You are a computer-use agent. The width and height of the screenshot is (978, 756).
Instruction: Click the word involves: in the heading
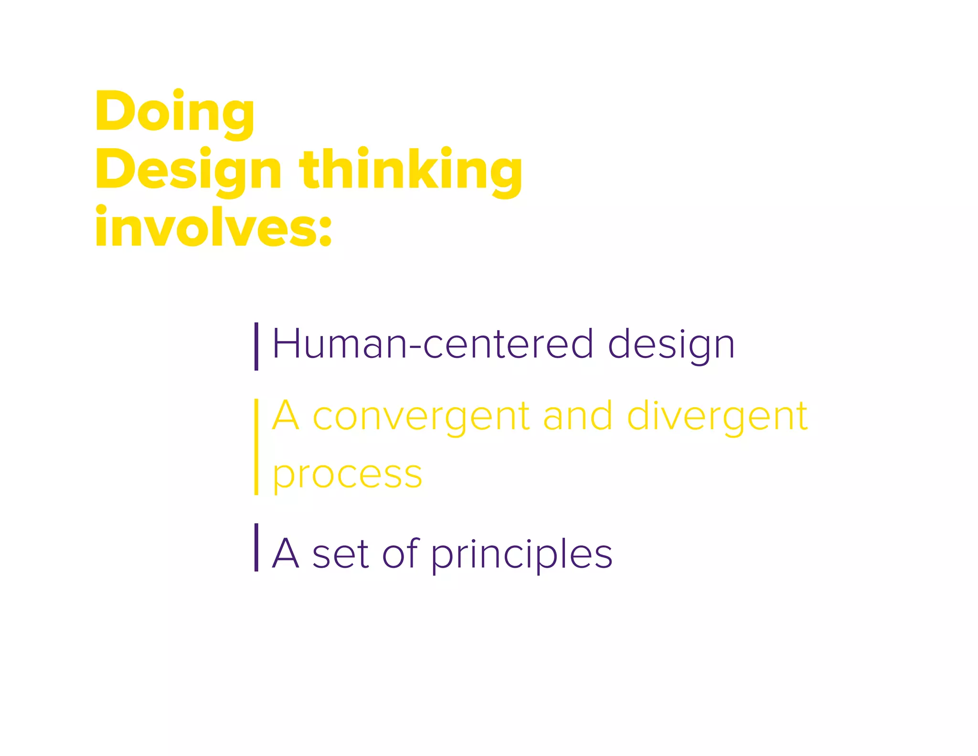(213, 228)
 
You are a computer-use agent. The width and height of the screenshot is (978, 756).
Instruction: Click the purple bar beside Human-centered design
(256, 346)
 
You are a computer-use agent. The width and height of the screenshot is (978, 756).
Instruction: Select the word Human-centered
(433, 344)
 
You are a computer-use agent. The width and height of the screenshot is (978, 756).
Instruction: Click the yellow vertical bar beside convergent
(256, 447)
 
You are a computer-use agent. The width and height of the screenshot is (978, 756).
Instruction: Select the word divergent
(717, 417)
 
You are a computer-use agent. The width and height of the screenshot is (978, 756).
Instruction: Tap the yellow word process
(347, 475)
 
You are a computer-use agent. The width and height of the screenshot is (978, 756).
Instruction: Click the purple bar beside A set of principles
(256, 547)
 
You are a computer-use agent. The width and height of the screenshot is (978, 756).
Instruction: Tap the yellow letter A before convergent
(286, 416)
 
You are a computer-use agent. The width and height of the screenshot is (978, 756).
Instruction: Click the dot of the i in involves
(101, 210)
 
